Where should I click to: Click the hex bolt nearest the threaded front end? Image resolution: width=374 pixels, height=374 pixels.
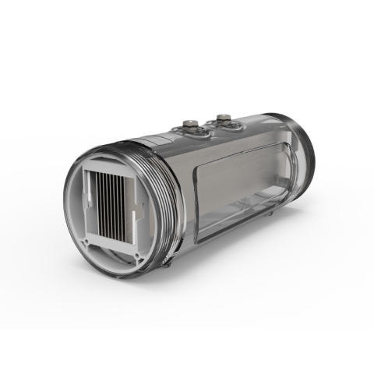[x=191, y=124]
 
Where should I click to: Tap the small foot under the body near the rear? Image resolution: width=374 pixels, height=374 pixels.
[x=270, y=211]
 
